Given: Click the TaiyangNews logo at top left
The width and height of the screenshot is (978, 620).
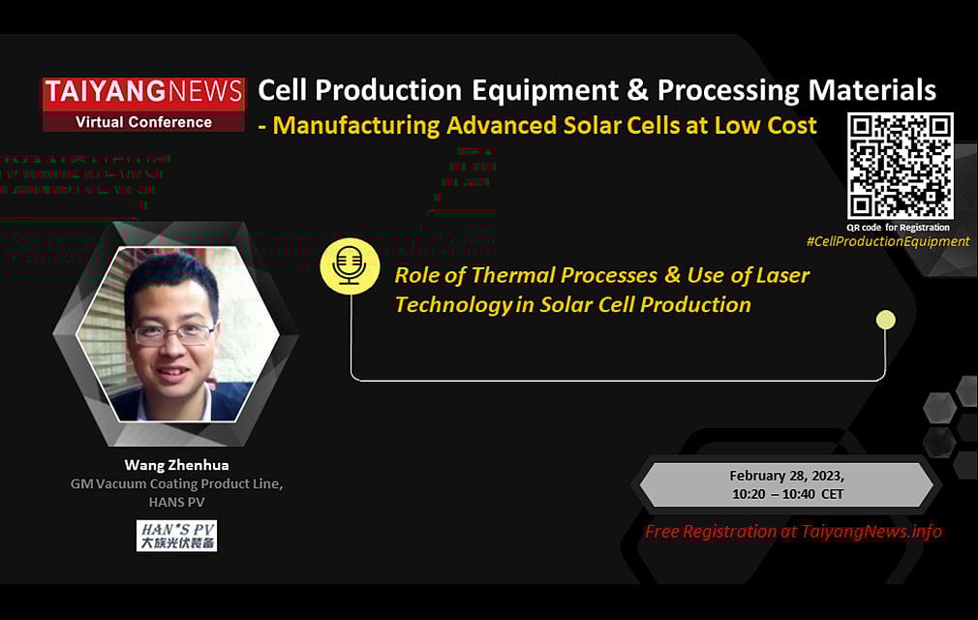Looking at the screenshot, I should click(x=143, y=92).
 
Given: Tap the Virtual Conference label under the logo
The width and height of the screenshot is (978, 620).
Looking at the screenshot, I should click(x=143, y=122).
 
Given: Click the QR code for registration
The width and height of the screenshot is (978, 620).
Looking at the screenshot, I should click(x=900, y=166).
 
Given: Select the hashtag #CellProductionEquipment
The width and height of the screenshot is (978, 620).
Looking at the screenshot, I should click(x=887, y=241).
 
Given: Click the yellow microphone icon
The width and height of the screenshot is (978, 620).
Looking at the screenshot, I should click(x=350, y=265).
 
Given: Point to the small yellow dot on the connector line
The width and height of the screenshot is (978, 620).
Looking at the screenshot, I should click(x=884, y=320).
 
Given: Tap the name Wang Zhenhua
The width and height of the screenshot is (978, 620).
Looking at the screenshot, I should click(x=176, y=465).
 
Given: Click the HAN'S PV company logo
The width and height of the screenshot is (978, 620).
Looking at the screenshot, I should click(x=176, y=535).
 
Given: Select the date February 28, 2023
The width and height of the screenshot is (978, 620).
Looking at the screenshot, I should click(x=787, y=477).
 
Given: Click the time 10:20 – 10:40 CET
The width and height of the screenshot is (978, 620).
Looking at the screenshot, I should click(x=787, y=494).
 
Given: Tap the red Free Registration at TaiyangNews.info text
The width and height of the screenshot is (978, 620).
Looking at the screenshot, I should click(x=793, y=531).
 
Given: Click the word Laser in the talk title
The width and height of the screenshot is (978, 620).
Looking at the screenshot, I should click(x=782, y=275).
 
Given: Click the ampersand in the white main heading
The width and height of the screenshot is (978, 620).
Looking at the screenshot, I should click(x=638, y=91).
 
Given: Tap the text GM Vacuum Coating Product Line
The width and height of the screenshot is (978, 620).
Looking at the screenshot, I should click(x=176, y=483).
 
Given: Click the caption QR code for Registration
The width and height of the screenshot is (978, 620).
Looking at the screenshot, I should click(x=898, y=228).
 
